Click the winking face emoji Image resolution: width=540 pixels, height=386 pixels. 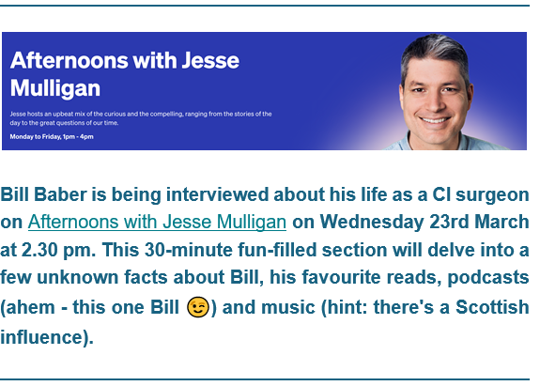(197, 306)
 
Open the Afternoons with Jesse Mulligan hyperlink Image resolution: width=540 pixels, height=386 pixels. (157, 222)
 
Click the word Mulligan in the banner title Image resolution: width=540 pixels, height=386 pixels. (55, 88)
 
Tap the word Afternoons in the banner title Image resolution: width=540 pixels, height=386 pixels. (69, 60)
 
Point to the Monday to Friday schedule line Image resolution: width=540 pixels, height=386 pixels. (52, 137)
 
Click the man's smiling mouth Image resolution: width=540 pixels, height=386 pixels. (434, 120)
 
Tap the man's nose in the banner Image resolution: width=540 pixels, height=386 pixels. (435, 102)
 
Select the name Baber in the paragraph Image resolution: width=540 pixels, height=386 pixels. (60, 194)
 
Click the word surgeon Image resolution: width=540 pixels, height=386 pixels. (492, 195)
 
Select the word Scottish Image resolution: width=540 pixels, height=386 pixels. (492, 307)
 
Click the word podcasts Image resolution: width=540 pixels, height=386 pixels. (488, 278)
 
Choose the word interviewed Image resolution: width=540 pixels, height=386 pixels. (217, 194)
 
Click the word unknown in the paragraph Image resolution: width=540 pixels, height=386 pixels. (78, 277)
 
